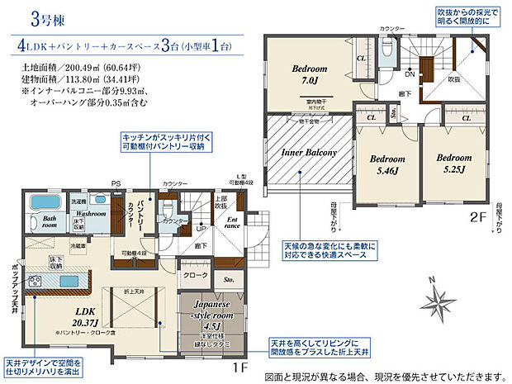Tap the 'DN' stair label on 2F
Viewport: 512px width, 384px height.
(x=410, y=72)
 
